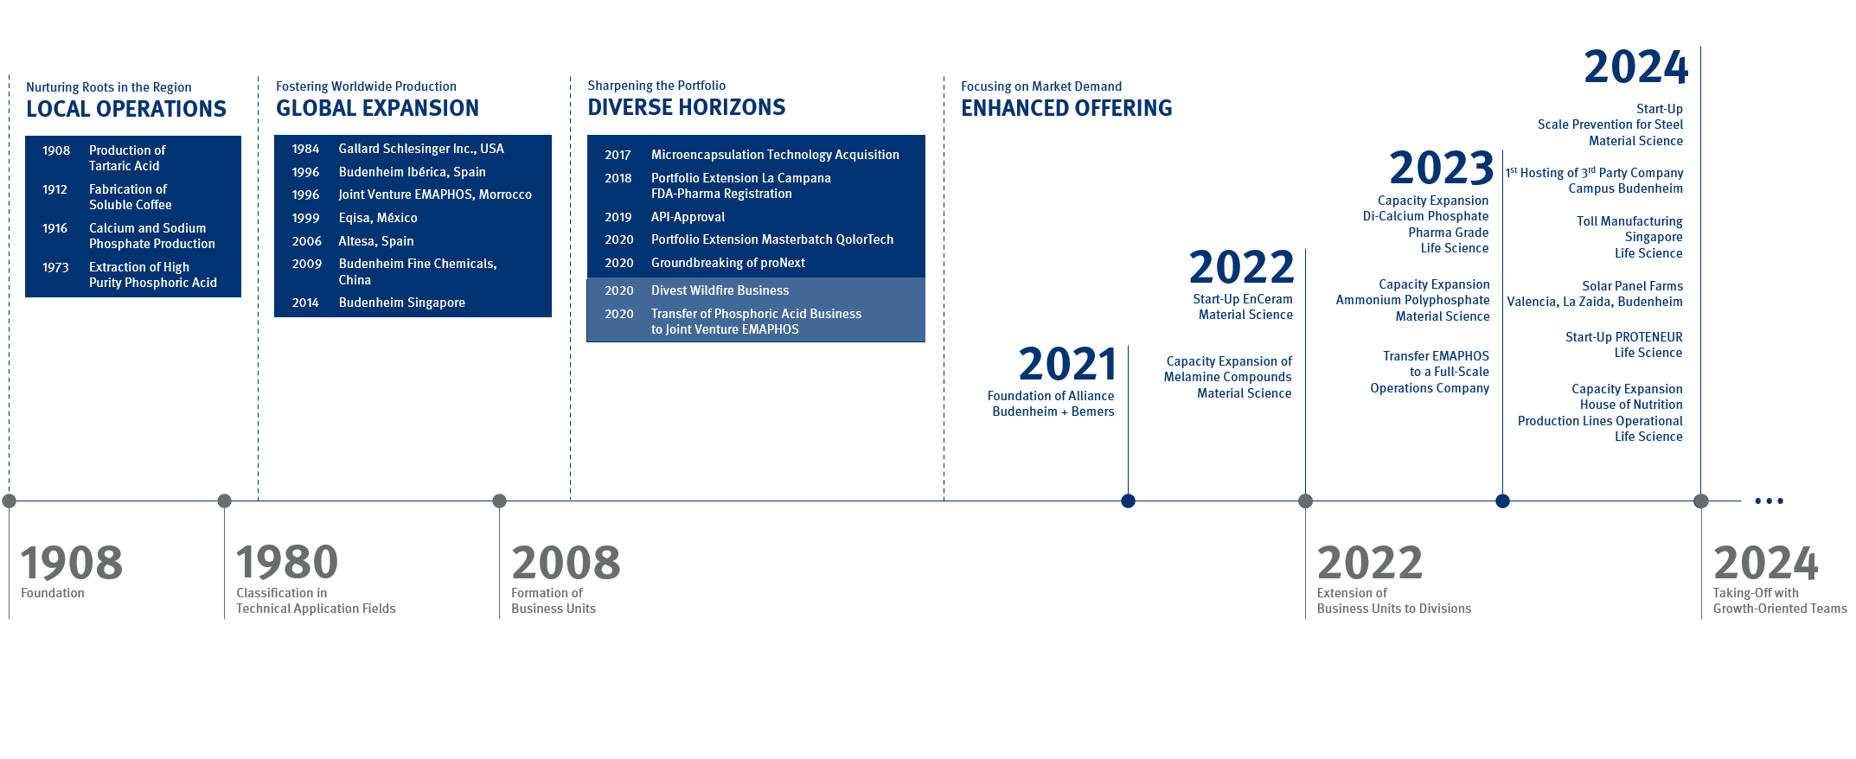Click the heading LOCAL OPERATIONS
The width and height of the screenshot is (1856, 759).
[126, 109]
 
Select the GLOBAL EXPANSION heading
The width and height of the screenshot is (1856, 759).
[377, 108]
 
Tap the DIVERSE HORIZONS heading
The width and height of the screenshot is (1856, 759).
[686, 107]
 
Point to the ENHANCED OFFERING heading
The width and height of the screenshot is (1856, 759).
[1066, 108]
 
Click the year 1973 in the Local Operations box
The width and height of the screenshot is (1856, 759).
[55, 267]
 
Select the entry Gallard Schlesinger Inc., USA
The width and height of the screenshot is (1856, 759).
[421, 149]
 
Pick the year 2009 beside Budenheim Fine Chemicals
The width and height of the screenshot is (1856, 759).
[306, 264]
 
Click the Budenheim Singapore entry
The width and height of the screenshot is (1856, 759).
[401, 303]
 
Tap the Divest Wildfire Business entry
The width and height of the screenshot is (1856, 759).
[720, 290]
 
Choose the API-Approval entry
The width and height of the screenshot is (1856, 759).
[688, 217]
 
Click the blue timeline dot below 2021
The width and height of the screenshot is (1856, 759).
[1128, 501]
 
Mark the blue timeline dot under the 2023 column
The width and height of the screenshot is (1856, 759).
[1502, 501]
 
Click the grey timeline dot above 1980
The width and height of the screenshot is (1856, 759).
[225, 501]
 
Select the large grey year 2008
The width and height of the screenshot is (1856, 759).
[566, 563]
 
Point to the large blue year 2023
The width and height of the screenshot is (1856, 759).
[1442, 168]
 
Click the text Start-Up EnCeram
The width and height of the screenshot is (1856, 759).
[1243, 299]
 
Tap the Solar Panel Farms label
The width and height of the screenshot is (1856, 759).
[1632, 286]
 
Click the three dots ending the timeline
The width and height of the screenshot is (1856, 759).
[1769, 501]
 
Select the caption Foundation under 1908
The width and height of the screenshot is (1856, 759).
[53, 593]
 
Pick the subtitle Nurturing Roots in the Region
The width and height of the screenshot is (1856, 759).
[109, 87]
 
